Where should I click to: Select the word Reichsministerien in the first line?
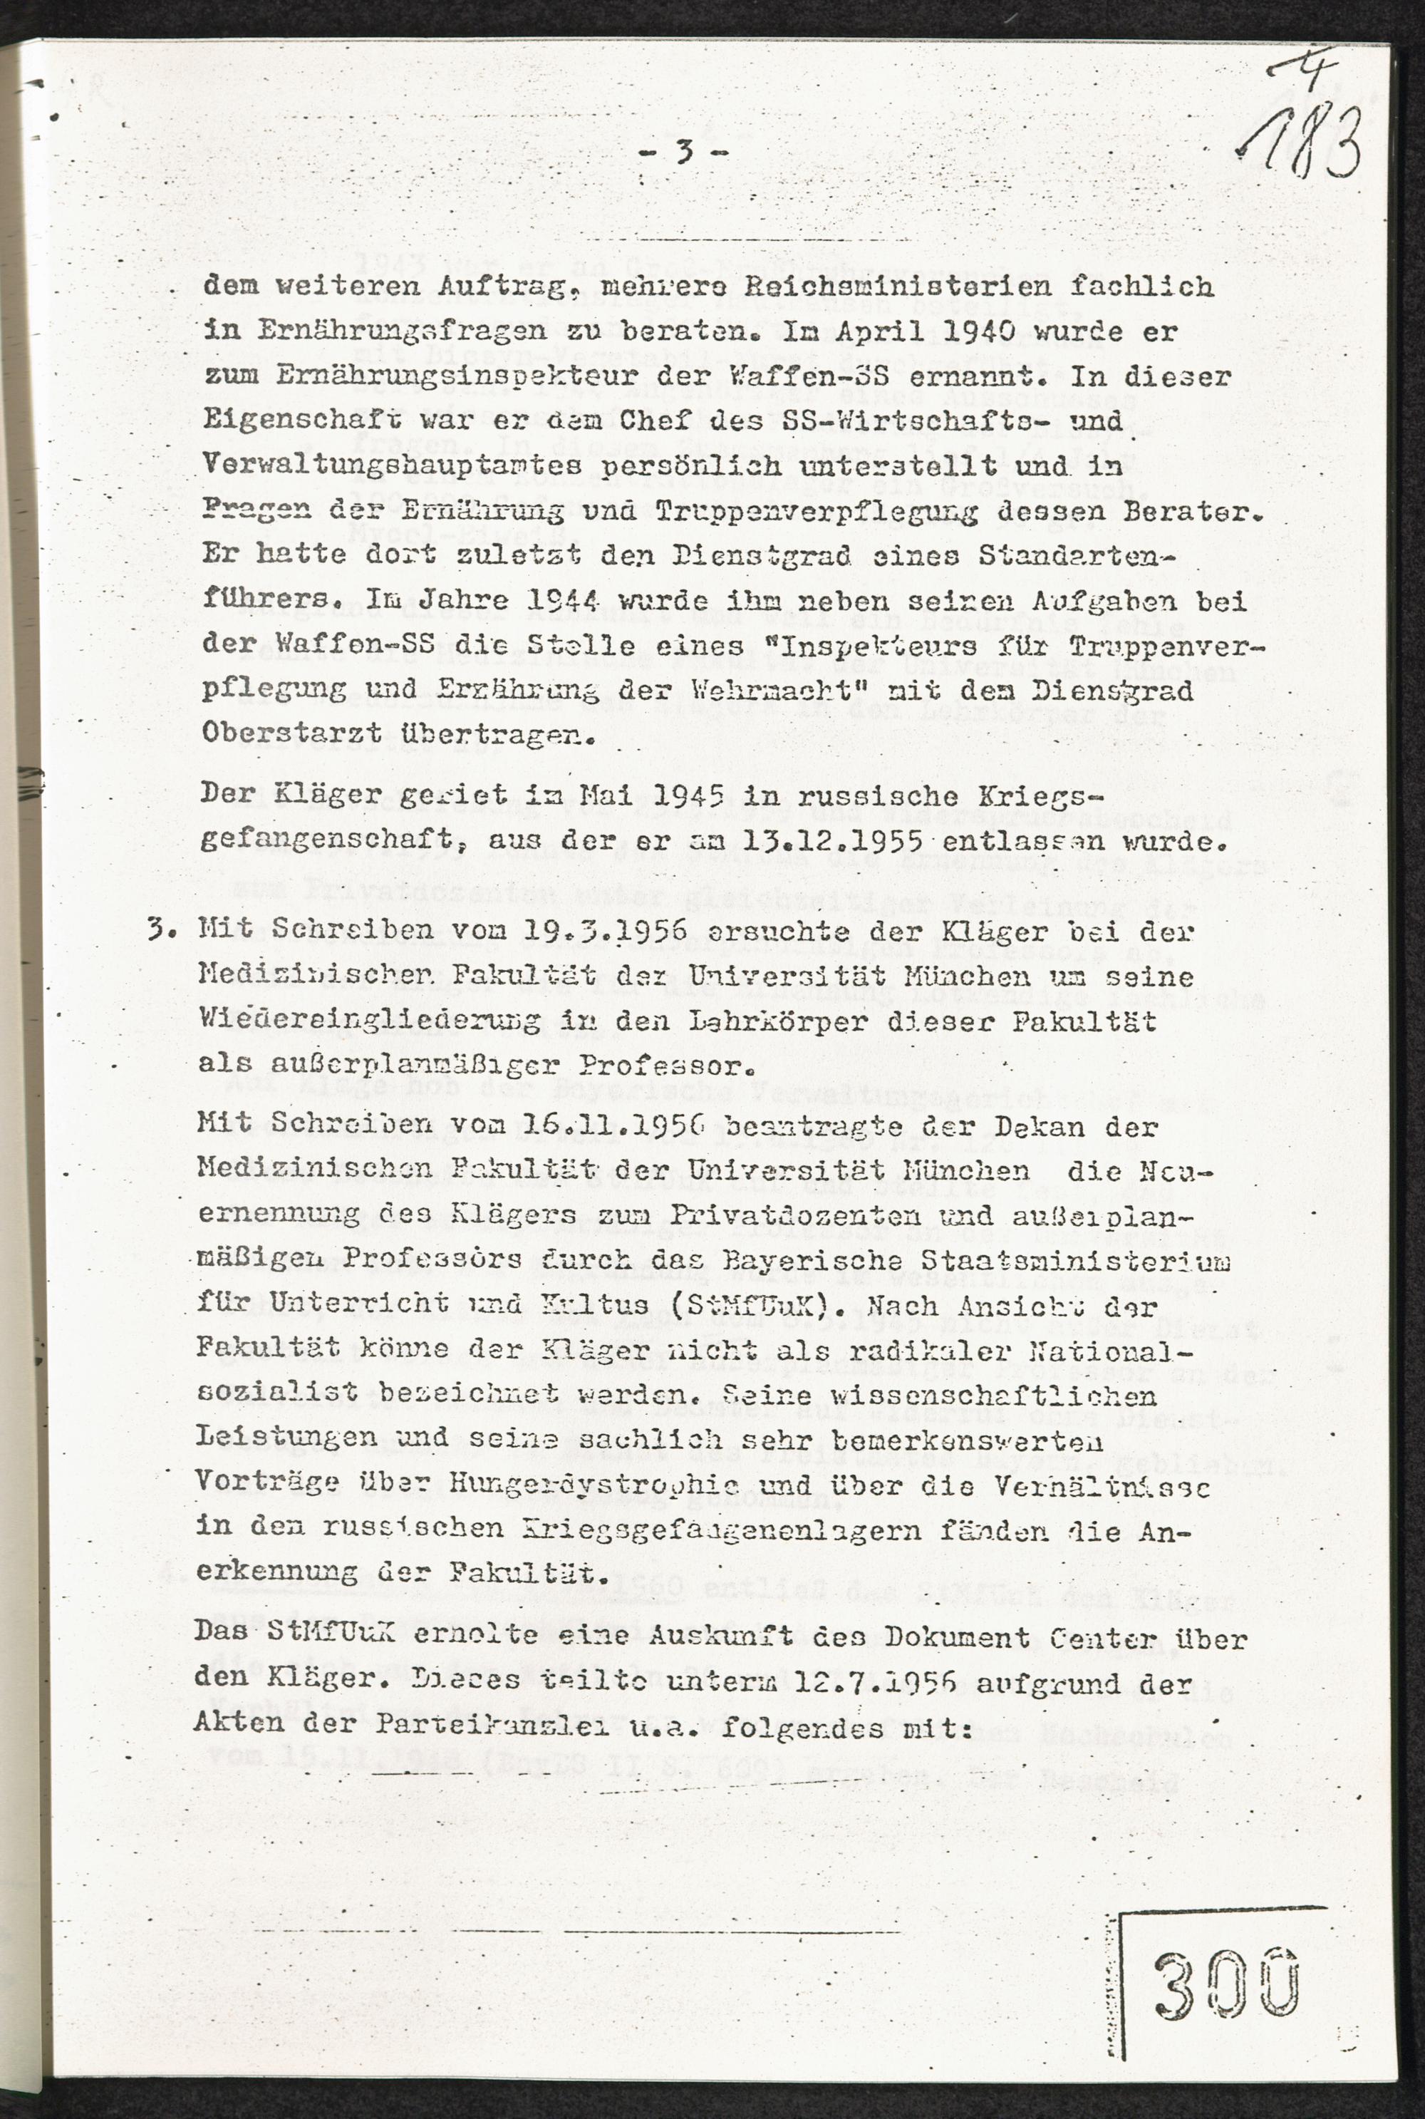click(x=920, y=287)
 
